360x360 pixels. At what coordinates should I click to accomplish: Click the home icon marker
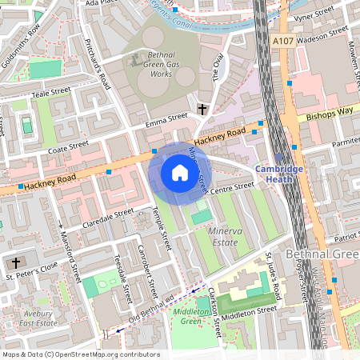180,173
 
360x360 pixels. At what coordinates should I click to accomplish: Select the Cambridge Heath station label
279,174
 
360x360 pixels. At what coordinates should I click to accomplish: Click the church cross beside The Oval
202,108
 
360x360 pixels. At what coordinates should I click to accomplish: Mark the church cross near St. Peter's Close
15,263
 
